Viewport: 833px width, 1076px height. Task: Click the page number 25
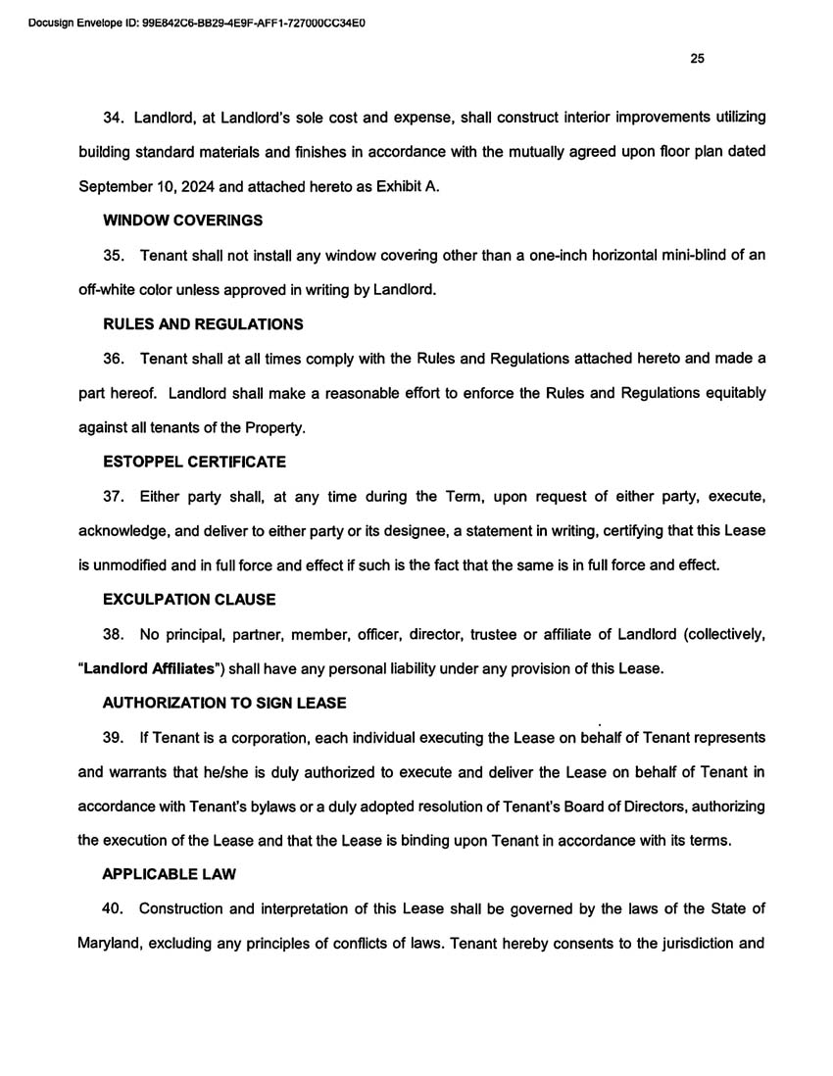(x=697, y=59)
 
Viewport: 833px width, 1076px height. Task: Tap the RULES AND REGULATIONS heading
(x=203, y=324)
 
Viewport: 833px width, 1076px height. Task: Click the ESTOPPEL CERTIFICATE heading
(x=194, y=461)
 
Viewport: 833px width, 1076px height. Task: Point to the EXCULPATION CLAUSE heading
(x=189, y=599)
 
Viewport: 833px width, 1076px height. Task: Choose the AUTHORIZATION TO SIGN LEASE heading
(x=224, y=703)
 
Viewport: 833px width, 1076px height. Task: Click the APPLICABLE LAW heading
(x=169, y=874)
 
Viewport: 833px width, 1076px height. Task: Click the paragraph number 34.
(x=115, y=118)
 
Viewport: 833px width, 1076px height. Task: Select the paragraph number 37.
(x=115, y=497)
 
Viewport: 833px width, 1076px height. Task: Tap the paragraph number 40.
(x=115, y=908)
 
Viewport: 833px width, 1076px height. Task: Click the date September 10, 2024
(x=152, y=186)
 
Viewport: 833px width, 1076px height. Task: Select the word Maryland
(x=109, y=944)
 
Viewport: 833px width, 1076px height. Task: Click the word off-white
(x=109, y=290)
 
